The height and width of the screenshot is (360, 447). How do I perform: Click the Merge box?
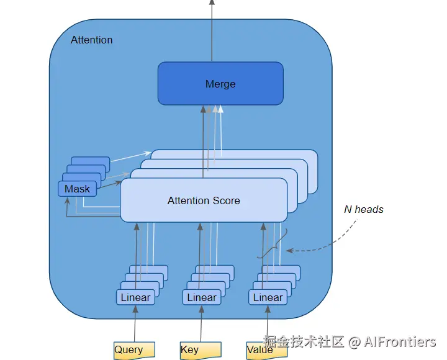(x=220, y=83)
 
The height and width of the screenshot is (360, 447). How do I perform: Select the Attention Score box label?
(x=204, y=200)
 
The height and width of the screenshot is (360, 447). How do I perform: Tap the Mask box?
(x=77, y=189)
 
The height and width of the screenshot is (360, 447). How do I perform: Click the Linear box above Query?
(x=135, y=297)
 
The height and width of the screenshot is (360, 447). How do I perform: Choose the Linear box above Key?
(x=202, y=297)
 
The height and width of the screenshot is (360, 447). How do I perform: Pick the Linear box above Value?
(x=268, y=297)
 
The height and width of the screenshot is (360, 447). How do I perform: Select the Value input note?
(x=260, y=350)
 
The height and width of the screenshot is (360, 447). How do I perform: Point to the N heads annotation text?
(x=364, y=209)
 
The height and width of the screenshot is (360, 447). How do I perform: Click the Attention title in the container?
(x=92, y=40)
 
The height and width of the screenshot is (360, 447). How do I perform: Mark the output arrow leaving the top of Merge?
(x=212, y=31)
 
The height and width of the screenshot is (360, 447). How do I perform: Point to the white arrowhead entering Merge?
(x=220, y=109)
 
